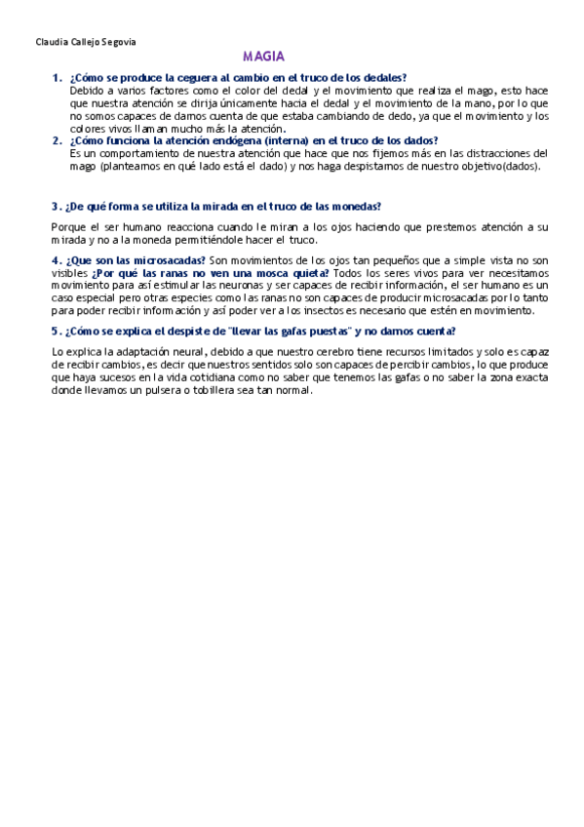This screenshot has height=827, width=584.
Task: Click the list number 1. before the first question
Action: click(57, 77)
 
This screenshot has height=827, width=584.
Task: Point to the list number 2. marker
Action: click(57, 140)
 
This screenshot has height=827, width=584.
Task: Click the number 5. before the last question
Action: click(55, 331)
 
